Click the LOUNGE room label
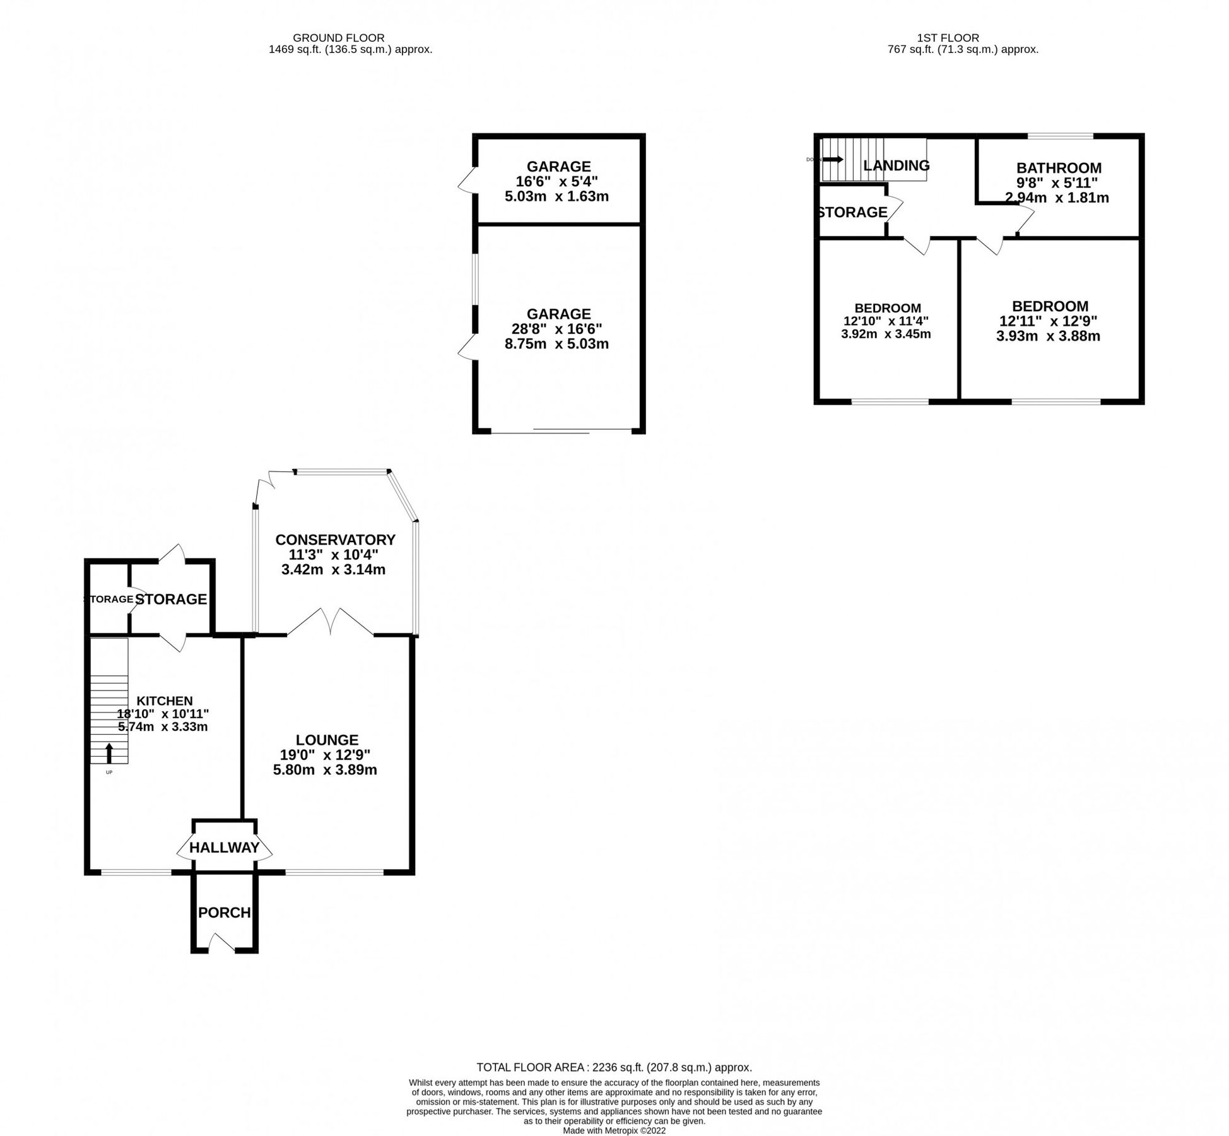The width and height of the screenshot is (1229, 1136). pyautogui.click(x=327, y=740)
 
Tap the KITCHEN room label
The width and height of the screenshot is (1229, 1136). pyautogui.click(x=165, y=701)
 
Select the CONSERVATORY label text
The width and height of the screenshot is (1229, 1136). pyautogui.click(x=335, y=540)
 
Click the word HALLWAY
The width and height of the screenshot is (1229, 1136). pyautogui.click(x=225, y=848)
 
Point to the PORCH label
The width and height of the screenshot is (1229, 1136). pyautogui.click(x=225, y=913)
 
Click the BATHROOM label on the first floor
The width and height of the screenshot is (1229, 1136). pyautogui.click(x=1059, y=168)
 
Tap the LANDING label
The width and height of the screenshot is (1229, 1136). pyautogui.click(x=896, y=165)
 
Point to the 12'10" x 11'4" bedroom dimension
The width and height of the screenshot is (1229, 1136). pyautogui.click(x=886, y=321)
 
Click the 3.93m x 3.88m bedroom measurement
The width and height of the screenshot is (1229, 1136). pyautogui.click(x=1048, y=336)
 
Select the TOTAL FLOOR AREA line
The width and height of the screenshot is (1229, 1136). pyautogui.click(x=614, y=1068)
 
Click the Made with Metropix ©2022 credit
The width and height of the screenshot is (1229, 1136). pyautogui.click(x=614, y=1131)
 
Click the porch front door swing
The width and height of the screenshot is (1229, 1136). pyautogui.click(x=221, y=944)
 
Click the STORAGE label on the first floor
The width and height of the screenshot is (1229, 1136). pyautogui.click(x=852, y=212)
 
